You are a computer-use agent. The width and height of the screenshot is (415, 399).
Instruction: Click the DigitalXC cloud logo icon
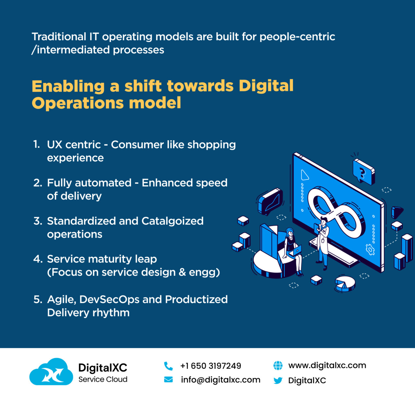(51, 372)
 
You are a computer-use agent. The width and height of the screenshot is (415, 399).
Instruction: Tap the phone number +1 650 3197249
(211, 366)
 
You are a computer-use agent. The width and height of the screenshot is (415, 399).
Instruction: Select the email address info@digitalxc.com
(220, 380)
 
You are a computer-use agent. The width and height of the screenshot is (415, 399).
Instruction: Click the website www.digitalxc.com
(327, 365)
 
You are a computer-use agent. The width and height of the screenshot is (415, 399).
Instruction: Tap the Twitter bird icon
(278, 380)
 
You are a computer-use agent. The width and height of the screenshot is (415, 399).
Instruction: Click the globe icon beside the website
(278, 366)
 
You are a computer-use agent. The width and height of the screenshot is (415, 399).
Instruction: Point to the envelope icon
(169, 380)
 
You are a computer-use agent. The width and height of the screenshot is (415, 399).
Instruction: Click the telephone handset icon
(168, 366)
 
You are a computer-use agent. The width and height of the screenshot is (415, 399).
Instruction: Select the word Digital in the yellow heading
(266, 86)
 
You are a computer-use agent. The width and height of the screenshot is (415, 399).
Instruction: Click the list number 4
(38, 259)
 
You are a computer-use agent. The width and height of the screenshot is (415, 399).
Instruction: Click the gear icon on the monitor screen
(370, 249)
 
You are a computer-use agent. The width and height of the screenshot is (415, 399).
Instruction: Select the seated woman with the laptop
(293, 250)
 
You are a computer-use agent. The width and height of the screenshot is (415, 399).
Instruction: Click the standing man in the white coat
(323, 241)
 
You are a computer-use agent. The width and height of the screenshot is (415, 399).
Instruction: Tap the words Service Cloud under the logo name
(103, 379)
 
